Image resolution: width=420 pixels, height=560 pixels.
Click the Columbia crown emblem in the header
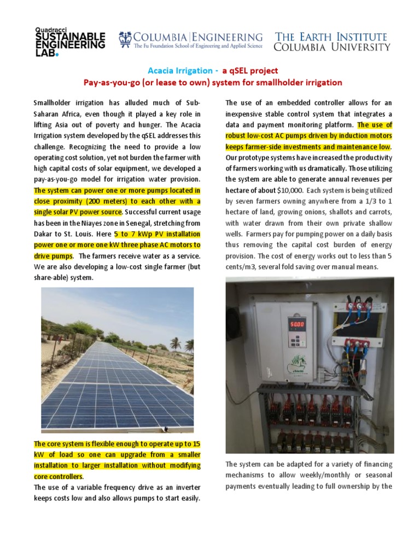pyautogui.click(x=125, y=39)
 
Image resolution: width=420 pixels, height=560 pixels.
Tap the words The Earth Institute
pyautogui.click(x=331, y=37)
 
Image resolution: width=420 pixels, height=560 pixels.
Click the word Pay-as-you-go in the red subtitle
pyautogui.click(x=109, y=83)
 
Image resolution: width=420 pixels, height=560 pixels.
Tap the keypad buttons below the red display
pyautogui.click(x=295, y=341)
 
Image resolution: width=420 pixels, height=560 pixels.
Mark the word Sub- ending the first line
pyautogui.click(x=191, y=103)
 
